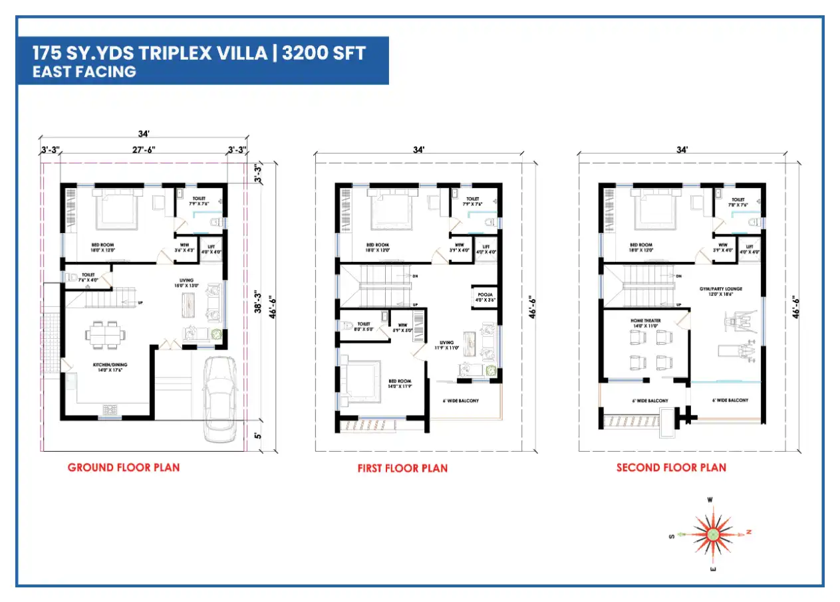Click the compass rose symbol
point(712,534)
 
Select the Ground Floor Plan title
point(123,467)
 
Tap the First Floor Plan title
point(402,468)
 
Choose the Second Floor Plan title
point(671,468)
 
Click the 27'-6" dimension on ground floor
point(144,150)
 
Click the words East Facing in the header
point(84,72)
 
